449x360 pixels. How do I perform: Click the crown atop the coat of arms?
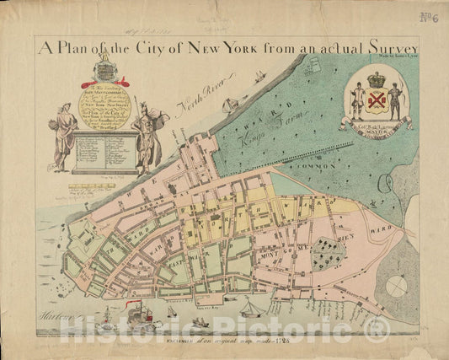pyautogui.click(x=376, y=80)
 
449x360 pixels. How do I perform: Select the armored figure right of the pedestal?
pyautogui.click(x=148, y=135)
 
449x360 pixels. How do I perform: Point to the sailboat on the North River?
pyautogui.click(x=229, y=105)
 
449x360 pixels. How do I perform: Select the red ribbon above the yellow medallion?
pyautogui.click(x=104, y=82)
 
